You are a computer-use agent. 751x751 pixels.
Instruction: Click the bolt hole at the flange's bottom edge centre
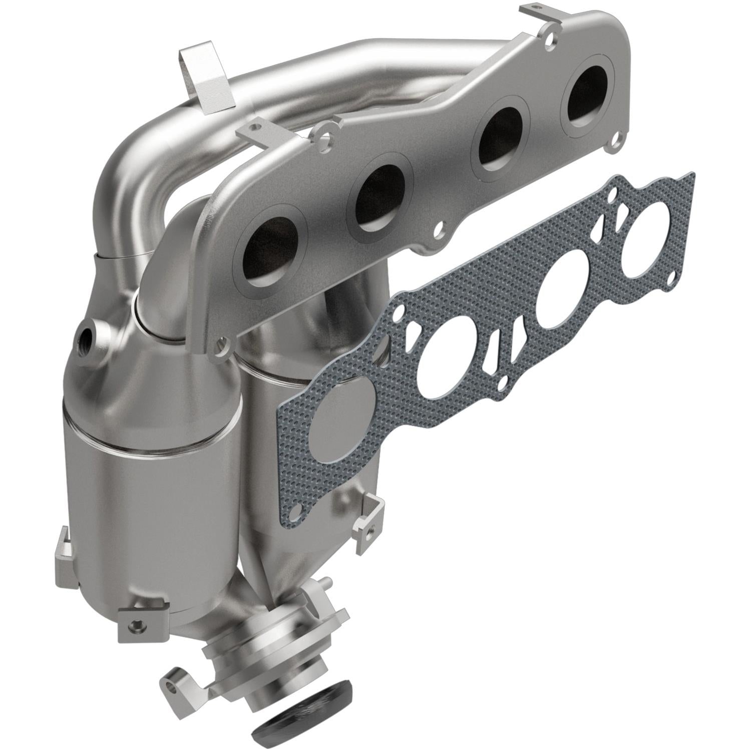(x=439, y=231)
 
